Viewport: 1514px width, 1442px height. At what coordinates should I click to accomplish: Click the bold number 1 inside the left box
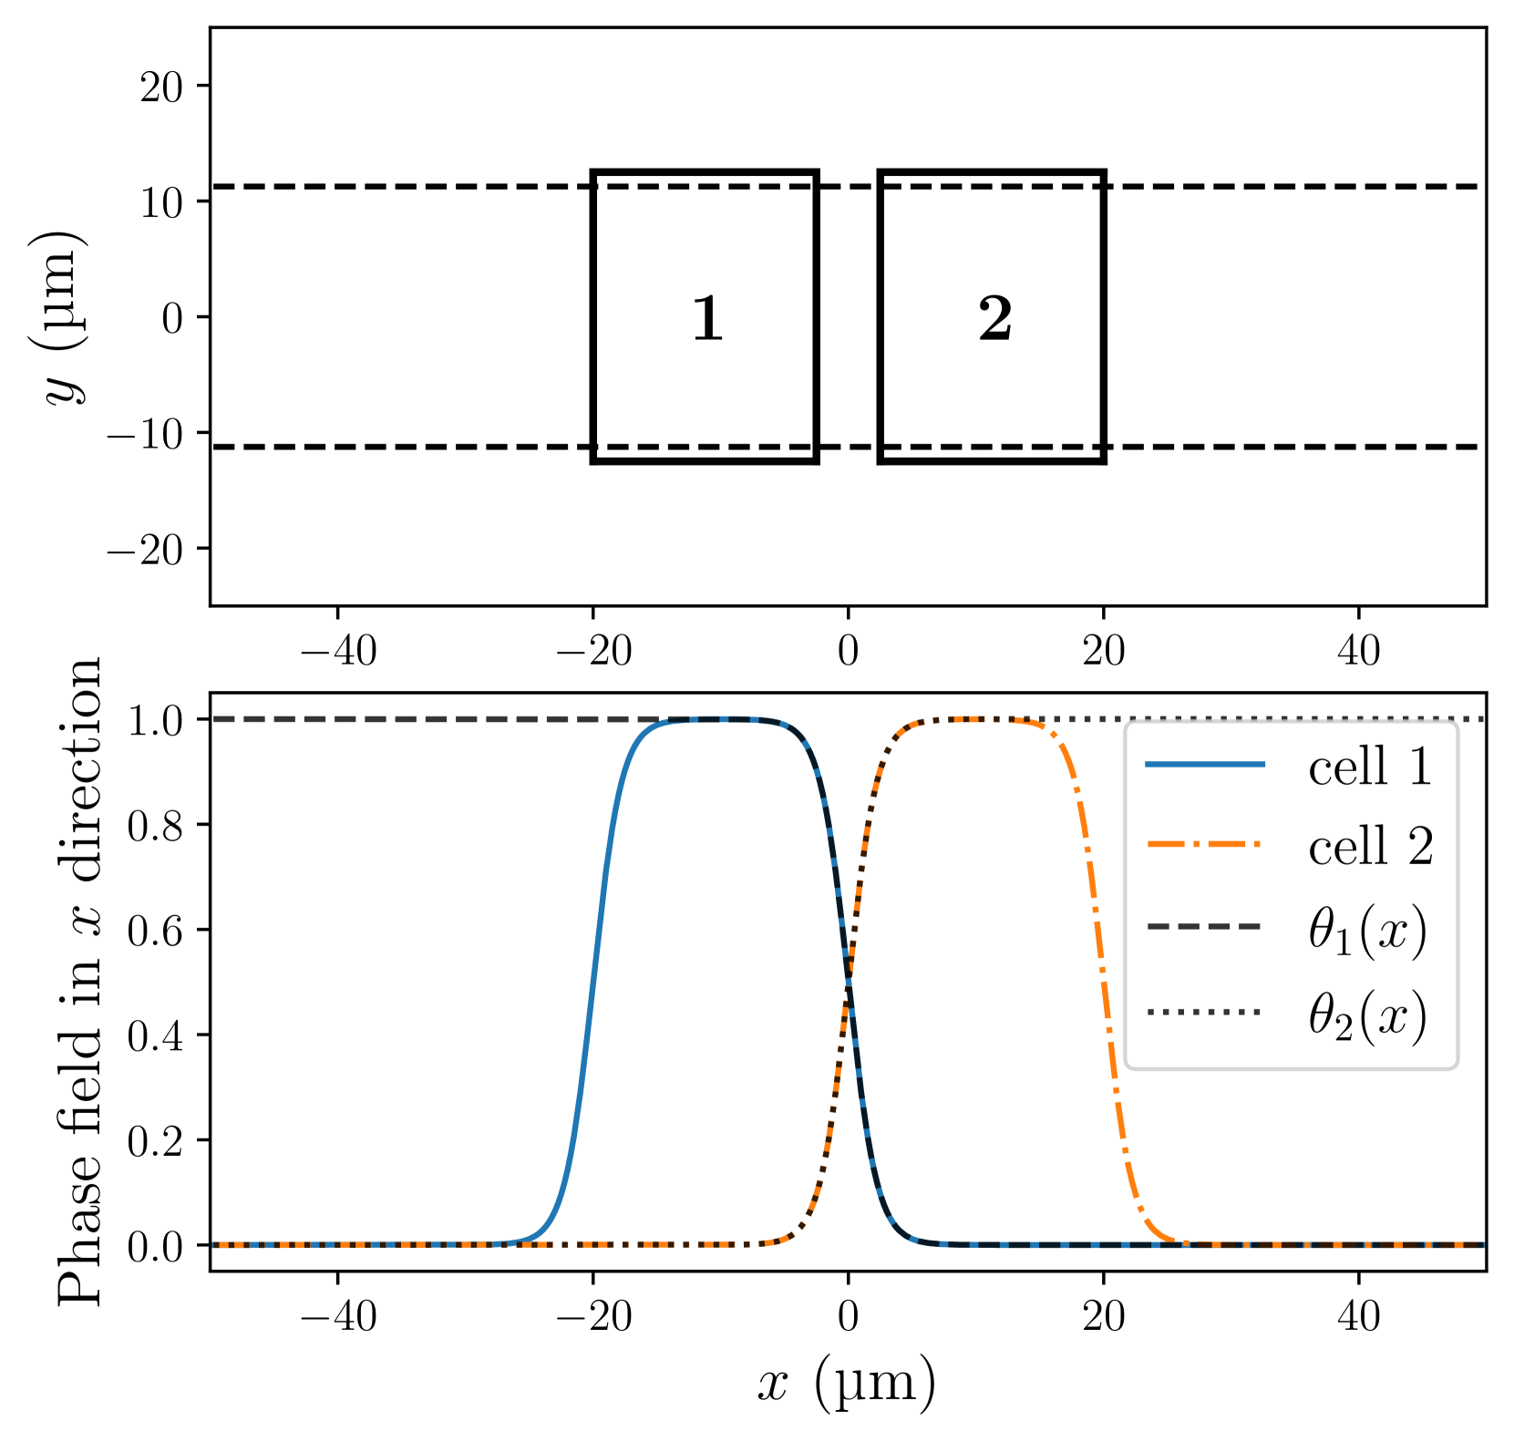[708, 320]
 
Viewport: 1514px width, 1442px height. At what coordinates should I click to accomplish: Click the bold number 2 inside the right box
[995, 320]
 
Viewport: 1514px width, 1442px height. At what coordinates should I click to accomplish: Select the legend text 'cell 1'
[1370, 767]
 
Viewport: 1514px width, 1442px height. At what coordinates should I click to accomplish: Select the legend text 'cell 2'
[1370, 847]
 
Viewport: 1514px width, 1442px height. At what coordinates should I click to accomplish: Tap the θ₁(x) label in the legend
[1367, 932]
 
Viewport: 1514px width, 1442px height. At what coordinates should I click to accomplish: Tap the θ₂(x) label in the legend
[1367, 1015]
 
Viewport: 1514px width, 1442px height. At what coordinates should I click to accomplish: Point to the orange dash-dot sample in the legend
[1205, 845]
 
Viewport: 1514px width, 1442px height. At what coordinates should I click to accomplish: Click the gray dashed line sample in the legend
[1205, 927]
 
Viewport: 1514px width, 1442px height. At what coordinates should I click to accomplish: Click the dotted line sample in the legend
[1205, 1011]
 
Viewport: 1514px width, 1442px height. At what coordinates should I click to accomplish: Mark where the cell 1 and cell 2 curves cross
[849, 982]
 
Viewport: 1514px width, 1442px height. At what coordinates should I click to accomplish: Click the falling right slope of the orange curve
[1104, 982]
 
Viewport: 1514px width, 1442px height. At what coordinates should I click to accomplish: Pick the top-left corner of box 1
[594, 172]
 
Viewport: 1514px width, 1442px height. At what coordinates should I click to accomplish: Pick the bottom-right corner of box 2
[1103, 460]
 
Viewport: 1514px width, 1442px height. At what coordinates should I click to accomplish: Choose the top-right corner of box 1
[816, 172]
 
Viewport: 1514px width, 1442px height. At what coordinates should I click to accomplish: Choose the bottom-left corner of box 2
[881, 460]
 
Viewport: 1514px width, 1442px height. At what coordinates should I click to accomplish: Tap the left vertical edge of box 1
[594, 316]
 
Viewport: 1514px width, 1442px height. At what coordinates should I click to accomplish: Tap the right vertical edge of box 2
[1103, 316]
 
